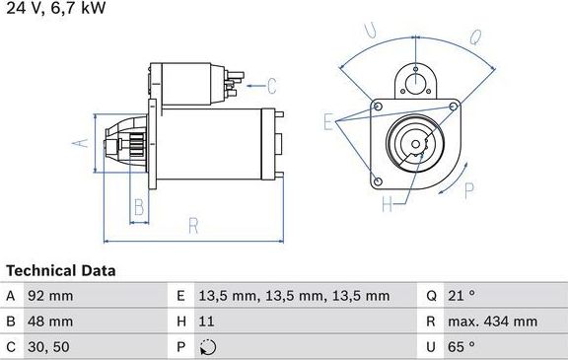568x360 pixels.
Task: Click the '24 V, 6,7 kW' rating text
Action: [53, 9]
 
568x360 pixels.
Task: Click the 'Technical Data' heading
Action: [61, 270]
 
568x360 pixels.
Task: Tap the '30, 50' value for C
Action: [50, 347]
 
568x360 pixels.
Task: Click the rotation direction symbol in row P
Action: [207, 347]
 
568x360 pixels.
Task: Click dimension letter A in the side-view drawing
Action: [83, 142]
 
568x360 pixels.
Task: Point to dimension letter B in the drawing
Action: [139, 207]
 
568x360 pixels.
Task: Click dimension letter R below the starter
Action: [193, 226]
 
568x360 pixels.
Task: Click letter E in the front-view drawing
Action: [329, 120]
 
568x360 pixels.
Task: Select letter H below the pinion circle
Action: [388, 204]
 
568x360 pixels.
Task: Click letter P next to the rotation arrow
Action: [470, 190]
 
